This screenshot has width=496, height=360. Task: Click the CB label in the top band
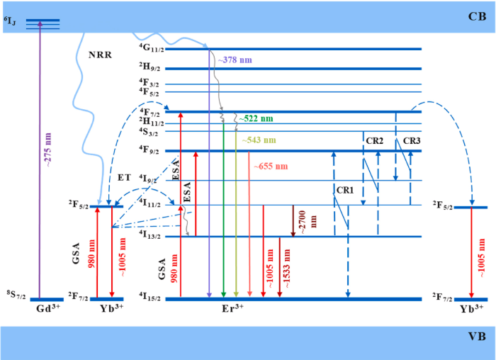(477, 16)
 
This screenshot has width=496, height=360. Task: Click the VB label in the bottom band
(477, 337)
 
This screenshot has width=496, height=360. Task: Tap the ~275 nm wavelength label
(48, 150)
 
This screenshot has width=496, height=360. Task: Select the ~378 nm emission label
(235, 60)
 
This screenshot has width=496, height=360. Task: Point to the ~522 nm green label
(256, 118)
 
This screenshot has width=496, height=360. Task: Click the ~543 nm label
(259, 140)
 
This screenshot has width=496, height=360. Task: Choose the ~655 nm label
(271, 166)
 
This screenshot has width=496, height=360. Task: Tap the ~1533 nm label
(287, 269)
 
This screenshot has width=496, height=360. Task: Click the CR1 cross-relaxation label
(345, 190)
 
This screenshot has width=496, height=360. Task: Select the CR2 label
(375, 141)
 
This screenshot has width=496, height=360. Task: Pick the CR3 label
(412, 141)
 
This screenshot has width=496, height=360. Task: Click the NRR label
(100, 55)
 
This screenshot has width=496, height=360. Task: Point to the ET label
(124, 177)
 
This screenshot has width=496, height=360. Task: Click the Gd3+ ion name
(48, 308)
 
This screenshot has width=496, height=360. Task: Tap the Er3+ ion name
(232, 308)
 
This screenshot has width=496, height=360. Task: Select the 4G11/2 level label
(152, 47)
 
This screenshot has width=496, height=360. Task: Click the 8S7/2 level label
(16, 295)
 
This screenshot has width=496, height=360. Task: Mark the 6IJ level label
(9, 21)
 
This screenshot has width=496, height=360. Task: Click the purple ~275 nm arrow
(40, 159)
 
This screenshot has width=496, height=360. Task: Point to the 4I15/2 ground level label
(152, 297)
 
